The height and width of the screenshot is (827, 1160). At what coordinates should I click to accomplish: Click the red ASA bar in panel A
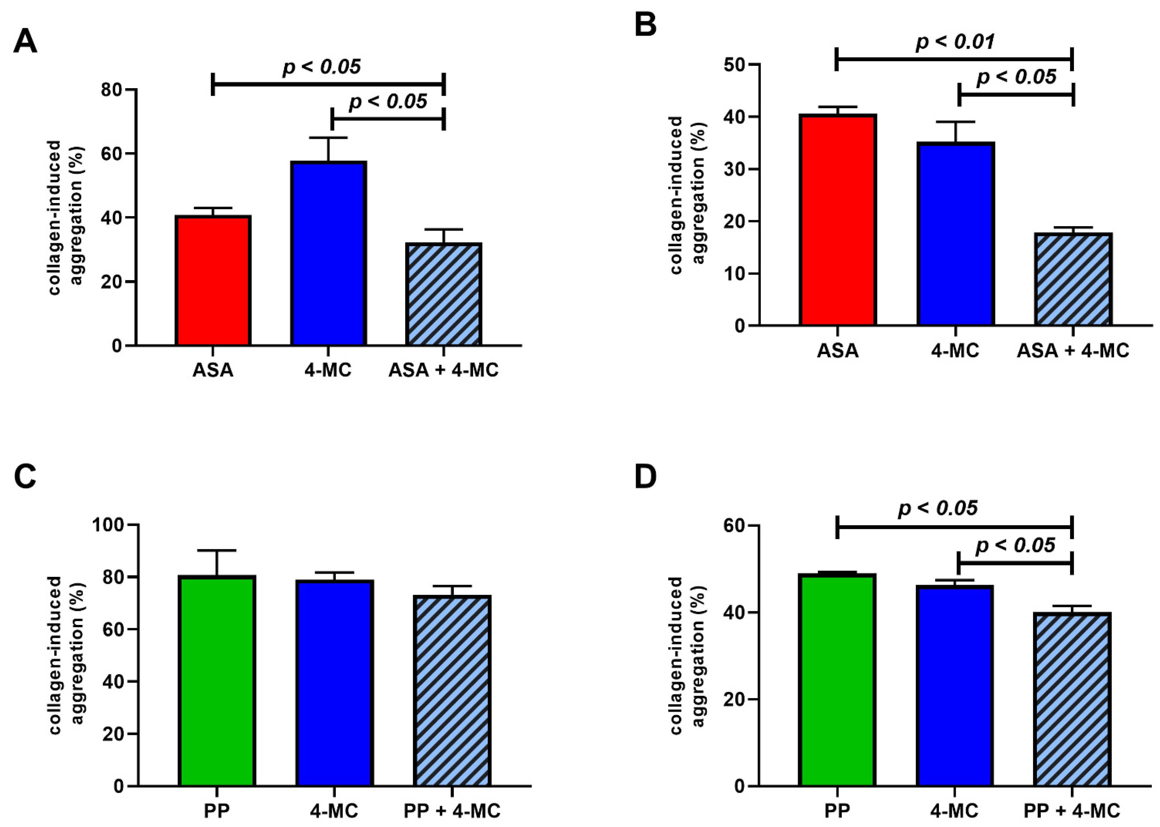pyautogui.click(x=213, y=281)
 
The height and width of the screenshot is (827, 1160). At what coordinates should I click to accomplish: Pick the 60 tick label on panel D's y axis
pyautogui.click(x=734, y=525)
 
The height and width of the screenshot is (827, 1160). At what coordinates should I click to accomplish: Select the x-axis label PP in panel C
pyautogui.click(x=217, y=811)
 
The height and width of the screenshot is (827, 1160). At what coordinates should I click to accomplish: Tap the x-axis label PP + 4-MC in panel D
pyautogui.click(x=1072, y=811)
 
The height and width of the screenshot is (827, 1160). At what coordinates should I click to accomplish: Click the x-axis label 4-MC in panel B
pyautogui.click(x=955, y=351)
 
